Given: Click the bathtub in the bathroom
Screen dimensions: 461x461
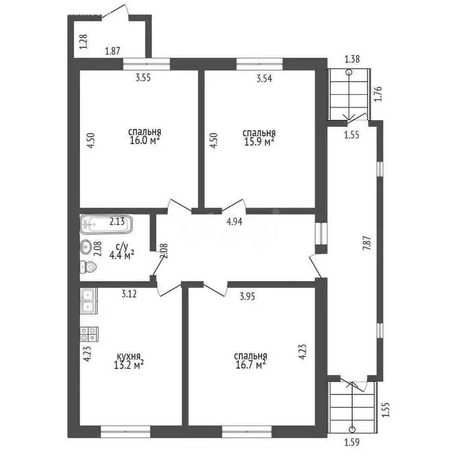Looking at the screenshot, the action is pyautogui.click(x=106, y=224).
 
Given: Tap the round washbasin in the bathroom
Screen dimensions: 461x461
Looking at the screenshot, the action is pyautogui.click(x=86, y=247).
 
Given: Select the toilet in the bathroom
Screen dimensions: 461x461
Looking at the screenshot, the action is pyautogui.click(x=88, y=267).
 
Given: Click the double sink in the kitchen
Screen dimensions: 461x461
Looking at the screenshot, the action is pyautogui.click(x=88, y=301).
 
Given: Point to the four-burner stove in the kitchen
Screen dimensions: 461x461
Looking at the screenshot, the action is pyautogui.click(x=89, y=334).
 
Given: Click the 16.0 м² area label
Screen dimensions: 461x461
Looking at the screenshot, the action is pyautogui.click(x=145, y=140).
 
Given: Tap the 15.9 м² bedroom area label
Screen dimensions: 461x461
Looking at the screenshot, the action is pyautogui.click(x=259, y=142).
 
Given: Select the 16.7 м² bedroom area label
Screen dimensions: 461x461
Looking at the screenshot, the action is pyautogui.click(x=251, y=365).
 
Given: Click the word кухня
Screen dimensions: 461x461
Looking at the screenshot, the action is pyautogui.click(x=128, y=357).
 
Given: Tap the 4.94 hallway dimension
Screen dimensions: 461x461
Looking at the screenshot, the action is pyautogui.click(x=234, y=221).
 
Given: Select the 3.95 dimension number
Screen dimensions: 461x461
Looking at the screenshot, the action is pyautogui.click(x=247, y=297).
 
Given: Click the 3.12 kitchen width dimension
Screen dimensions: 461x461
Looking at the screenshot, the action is pyautogui.click(x=129, y=294).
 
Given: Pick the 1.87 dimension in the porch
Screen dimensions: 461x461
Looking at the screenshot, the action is pyautogui.click(x=113, y=51).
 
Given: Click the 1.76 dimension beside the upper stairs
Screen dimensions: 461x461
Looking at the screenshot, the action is pyautogui.click(x=378, y=94).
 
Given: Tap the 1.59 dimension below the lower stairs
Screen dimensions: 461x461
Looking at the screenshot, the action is pyautogui.click(x=352, y=442).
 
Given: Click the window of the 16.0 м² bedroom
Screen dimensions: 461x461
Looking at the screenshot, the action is pyautogui.click(x=146, y=64).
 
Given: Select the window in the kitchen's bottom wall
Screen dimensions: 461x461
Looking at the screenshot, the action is pyautogui.click(x=125, y=432).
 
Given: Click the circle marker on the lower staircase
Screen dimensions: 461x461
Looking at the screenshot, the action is pyautogui.click(x=352, y=430).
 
